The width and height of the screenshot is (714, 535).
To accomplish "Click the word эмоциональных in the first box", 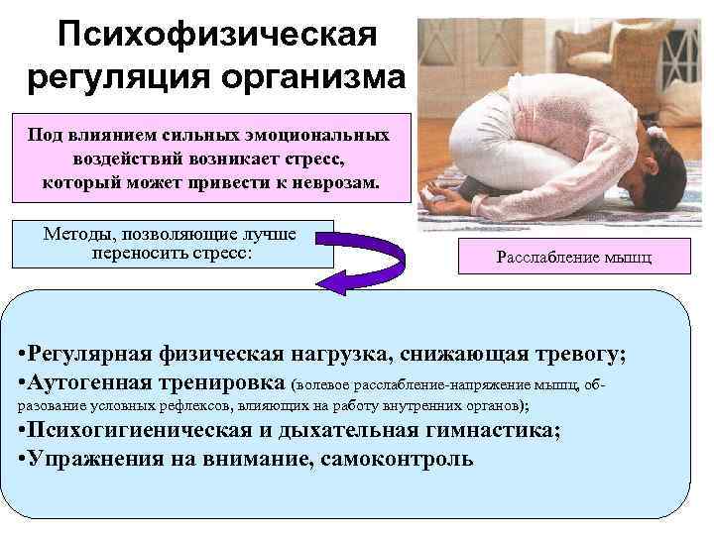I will coord(321,134).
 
